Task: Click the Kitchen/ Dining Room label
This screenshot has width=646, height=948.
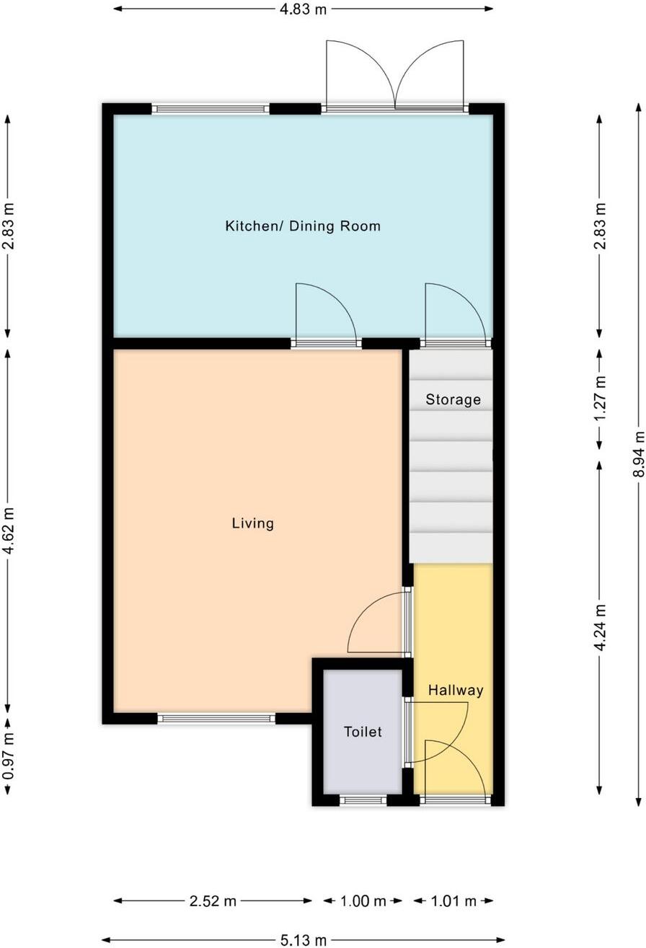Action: (x=303, y=226)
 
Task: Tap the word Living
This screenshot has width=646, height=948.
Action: (x=253, y=523)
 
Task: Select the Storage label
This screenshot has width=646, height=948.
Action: (x=453, y=399)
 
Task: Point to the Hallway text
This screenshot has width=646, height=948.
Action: (x=456, y=691)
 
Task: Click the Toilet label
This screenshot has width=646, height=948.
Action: (x=363, y=732)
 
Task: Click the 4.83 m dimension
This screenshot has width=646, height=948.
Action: (x=303, y=9)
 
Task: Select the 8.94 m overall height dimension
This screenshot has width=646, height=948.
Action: (x=639, y=454)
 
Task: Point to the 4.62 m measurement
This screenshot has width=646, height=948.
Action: (x=8, y=530)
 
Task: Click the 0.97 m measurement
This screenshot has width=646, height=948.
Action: (x=8, y=756)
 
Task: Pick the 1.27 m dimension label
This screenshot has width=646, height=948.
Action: (x=600, y=399)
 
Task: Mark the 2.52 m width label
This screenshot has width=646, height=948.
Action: (x=213, y=901)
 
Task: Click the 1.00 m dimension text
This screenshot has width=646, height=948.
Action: (x=363, y=901)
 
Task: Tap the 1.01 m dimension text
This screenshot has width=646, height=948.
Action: (x=453, y=901)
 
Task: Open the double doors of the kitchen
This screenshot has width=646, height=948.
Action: (x=394, y=76)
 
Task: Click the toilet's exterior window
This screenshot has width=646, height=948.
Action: (x=363, y=799)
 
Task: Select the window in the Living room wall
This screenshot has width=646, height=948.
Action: (x=216, y=718)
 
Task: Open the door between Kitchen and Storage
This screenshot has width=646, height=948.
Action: (x=456, y=314)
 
